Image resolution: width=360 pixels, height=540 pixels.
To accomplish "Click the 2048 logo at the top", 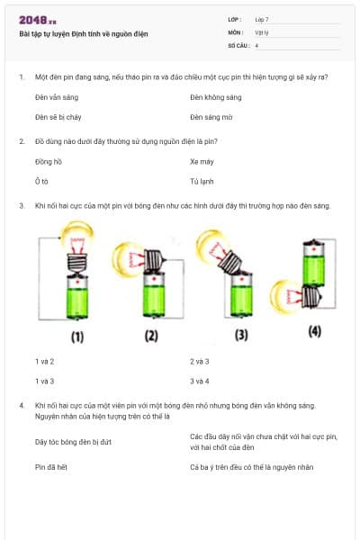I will point(37,20).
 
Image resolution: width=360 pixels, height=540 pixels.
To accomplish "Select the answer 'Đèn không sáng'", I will point(216,96).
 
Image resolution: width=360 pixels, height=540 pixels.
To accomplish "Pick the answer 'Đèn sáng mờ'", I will point(212,117).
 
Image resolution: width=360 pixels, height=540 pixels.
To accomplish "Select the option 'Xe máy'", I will point(201,161).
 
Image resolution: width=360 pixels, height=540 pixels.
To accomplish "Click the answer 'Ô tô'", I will point(41,182).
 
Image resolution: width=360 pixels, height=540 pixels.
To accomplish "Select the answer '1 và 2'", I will point(45,361).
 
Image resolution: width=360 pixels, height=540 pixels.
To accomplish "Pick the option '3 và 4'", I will point(200,382).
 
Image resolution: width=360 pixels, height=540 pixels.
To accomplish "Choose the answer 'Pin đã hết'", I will point(51,467).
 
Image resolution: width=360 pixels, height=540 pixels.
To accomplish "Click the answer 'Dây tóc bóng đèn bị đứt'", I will point(72,442).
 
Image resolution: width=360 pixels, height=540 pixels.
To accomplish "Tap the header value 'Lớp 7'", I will point(262,19).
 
